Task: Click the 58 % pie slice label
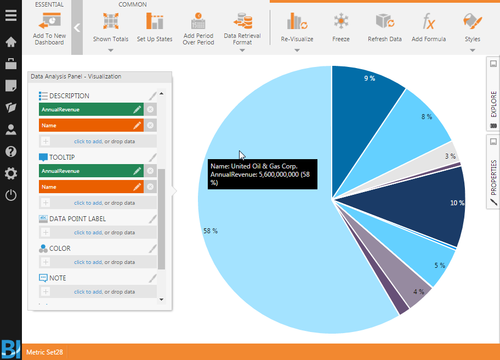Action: pos(211,231)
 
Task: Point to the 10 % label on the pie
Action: pos(457,203)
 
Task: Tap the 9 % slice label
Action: pos(370,78)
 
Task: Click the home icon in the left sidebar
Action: pos(10,42)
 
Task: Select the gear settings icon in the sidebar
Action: pos(10,173)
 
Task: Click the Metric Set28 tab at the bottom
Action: pos(44,352)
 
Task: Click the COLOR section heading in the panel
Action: pos(60,249)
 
